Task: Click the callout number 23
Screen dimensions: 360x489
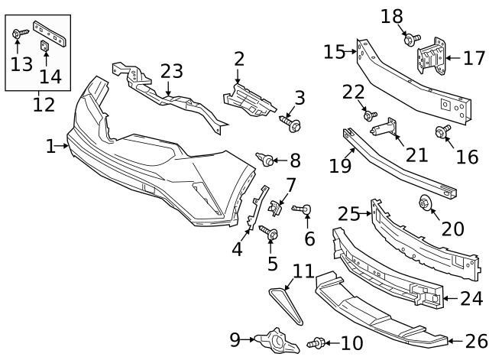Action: pyautogui.click(x=172, y=71)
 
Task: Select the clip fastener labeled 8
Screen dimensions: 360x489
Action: pyautogui.click(x=267, y=160)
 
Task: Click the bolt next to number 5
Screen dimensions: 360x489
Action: pyautogui.click(x=270, y=232)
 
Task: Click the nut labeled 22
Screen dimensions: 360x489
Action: pyautogui.click(x=369, y=115)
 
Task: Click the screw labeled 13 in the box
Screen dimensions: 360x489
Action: pyautogui.click(x=20, y=33)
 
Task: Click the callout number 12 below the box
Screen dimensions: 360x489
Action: pyautogui.click(x=44, y=105)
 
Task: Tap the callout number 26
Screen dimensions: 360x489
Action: pyautogui.click(x=475, y=341)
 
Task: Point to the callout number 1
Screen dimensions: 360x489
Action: pyautogui.click(x=50, y=145)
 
